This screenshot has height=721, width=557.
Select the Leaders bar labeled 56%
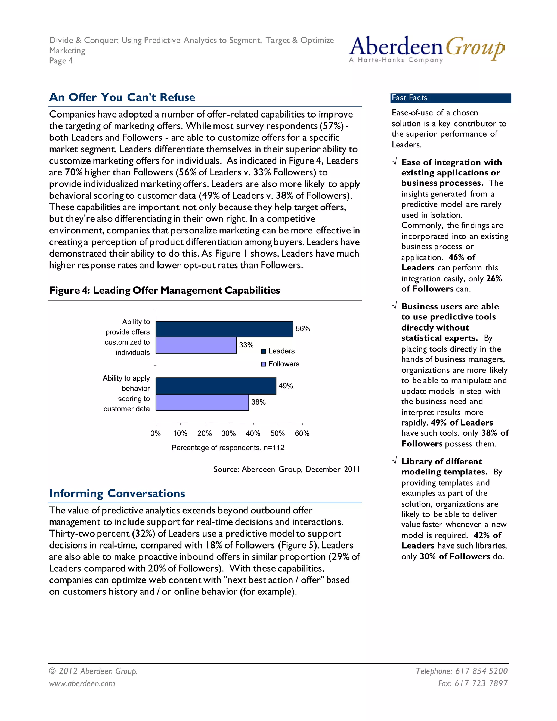[x=224, y=329]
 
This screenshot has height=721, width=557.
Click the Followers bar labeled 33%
[x=196, y=345]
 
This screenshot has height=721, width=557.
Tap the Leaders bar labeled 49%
[x=216, y=386]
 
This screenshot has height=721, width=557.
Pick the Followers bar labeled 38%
[x=202, y=402]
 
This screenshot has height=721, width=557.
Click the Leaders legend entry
[x=278, y=351]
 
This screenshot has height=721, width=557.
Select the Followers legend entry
[x=280, y=364]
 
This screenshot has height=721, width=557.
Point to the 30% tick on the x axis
[x=229, y=433]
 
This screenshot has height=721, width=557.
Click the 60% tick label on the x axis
[x=302, y=433]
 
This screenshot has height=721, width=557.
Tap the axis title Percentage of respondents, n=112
[x=228, y=448]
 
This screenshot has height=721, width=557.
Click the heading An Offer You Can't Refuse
[x=122, y=97]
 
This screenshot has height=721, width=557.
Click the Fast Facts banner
[x=450, y=98]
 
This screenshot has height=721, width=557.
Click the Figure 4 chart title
[x=164, y=290]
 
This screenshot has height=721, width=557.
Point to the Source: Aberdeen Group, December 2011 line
[x=286, y=469]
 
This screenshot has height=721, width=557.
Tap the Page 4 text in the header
[x=61, y=61]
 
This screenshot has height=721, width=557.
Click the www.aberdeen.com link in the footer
[x=82, y=683]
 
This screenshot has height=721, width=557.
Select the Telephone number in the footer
[x=461, y=671]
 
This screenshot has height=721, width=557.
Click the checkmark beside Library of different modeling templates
[x=394, y=461]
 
